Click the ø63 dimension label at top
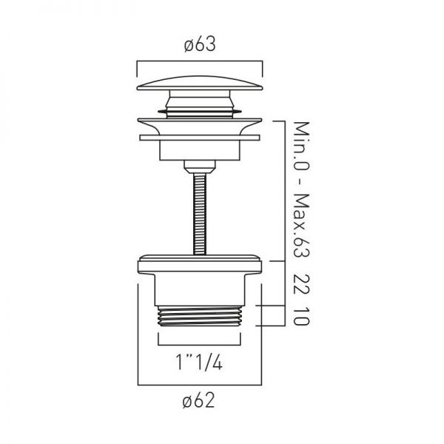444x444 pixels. click(x=200, y=45)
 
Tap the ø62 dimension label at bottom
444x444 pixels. click(x=199, y=400)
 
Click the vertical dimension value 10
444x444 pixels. click(x=301, y=317)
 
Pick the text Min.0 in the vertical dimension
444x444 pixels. click(x=301, y=147)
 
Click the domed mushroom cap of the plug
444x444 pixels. click(x=200, y=83)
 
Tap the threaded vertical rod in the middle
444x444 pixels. click(x=200, y=215)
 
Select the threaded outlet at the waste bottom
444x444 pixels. click(x=199, y=316)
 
